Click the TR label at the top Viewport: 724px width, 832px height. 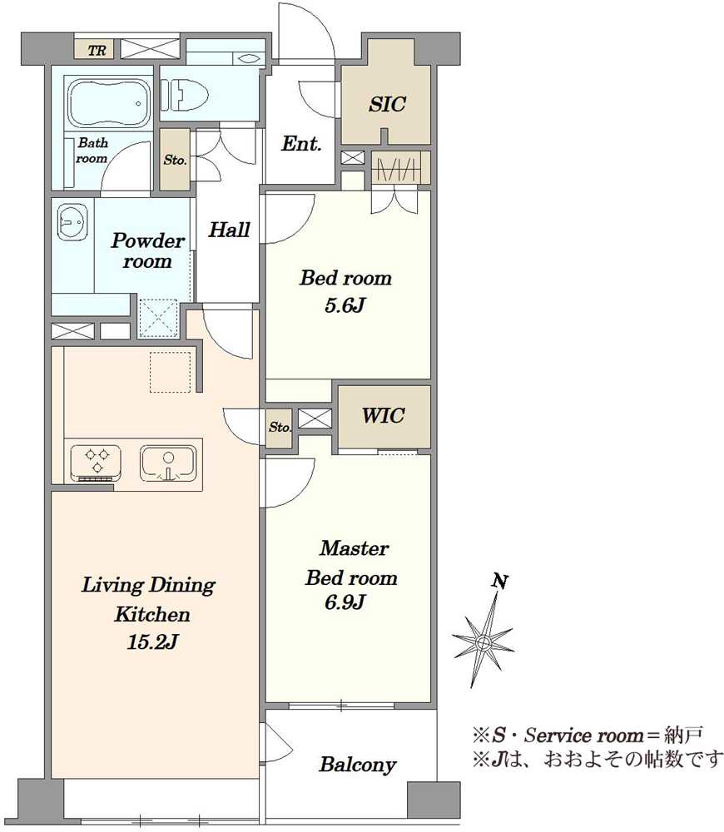[x=97, y=51]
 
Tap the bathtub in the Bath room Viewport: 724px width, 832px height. [x=108, y=103]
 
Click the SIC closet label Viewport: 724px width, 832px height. [x=387, y=103]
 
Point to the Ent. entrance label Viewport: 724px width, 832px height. [x=301, y=143]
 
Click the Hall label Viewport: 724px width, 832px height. [x=229, y=230]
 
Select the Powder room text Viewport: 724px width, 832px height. [x=147, y=250]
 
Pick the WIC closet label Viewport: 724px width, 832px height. [x=384, y=415]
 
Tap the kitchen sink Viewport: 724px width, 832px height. [x=168, y=462]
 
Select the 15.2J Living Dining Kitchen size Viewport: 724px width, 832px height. [x=151, y=642]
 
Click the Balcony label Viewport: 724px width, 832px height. [x=357, y=765]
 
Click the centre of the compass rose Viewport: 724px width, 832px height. [x=483, y=643]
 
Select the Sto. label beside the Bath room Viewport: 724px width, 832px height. [x=175, y=159]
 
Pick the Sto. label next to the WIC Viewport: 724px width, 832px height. [x=279, y=427]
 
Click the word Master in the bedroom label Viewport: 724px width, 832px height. [x=354, y=547]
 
